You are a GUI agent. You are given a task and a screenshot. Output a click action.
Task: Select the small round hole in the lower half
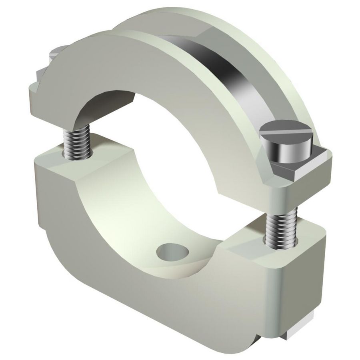[x=172, y=252]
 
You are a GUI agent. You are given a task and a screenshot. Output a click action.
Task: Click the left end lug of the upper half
[x=44, y=96]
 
